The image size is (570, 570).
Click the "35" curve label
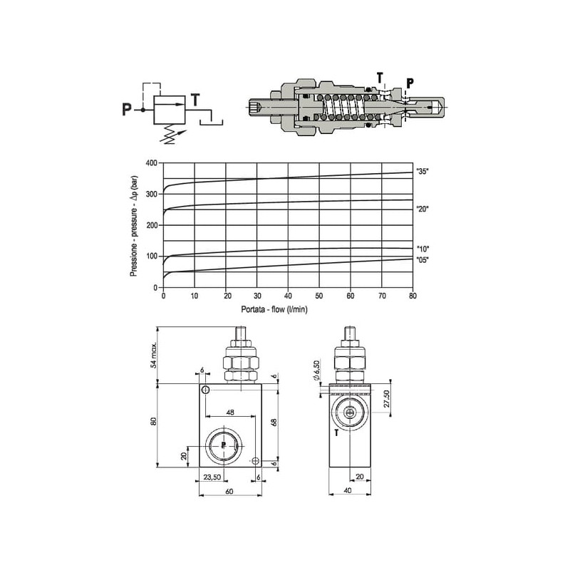pos(423,172)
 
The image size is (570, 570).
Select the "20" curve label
pos(423,209)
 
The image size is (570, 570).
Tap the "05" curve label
pos(423,260)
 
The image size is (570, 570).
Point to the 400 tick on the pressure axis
pos(151,163)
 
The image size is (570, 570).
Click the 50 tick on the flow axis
pos(318,296)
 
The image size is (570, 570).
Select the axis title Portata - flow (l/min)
pos(274,309)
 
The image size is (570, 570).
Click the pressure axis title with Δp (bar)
pos(134,226)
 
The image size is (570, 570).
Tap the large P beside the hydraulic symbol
pos(127,109)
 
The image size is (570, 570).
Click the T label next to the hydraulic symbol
pos(195,100)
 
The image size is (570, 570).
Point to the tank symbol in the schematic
pos(211,120)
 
